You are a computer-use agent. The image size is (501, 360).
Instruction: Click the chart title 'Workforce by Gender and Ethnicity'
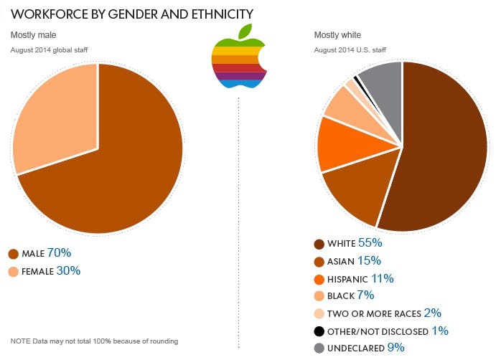pyautogui.click(x=131, y=14)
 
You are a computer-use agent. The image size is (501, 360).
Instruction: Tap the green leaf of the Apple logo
pyautogui.click(x=246, y=31)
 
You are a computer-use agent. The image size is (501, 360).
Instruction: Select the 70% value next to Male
pyautogui.click(x=59, y=253)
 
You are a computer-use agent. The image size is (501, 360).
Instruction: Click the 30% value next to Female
pyautogui.click(x=69, y=271)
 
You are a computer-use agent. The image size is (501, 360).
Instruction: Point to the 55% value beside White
pyautogui.click(x=370, y=243)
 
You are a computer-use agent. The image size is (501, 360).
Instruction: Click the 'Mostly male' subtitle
pyautogui.click(x=33, y=35)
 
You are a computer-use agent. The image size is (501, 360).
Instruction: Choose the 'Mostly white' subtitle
pyautogui.click(x=338, y=35)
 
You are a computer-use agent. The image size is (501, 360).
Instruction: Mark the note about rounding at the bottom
pyautogui.click(x=95, y=341)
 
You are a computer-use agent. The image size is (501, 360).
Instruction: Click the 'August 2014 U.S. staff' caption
pyautogui.click(x=350, y=49)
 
